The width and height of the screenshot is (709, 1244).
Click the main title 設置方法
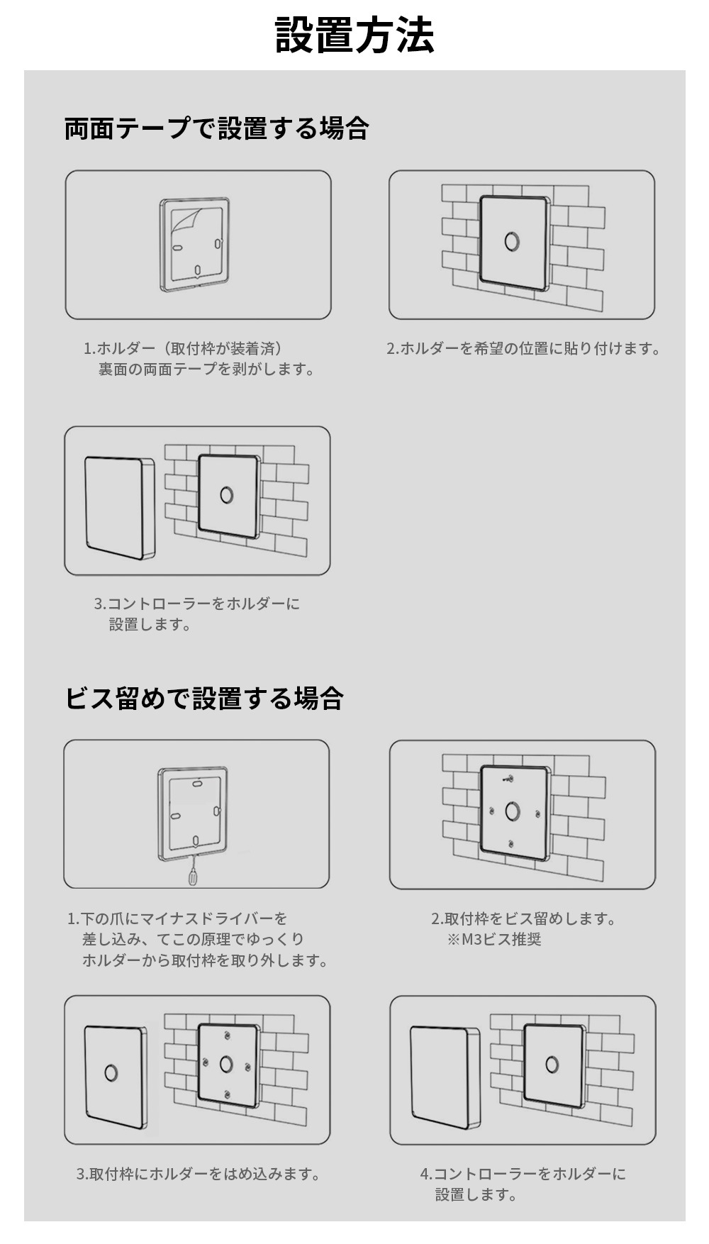coord(354,35)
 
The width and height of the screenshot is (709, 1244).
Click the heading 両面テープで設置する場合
coord(216,128)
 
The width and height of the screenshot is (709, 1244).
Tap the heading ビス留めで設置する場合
coord(204,698)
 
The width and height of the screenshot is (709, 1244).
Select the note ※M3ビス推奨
coord(494,940)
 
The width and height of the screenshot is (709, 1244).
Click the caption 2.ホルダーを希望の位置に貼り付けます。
coord(523,348)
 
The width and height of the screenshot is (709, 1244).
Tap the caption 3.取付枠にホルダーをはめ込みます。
coord(198,1174)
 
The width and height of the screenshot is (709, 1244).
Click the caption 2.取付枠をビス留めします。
coord(523,918)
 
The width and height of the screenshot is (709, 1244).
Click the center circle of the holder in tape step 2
coord(512,241)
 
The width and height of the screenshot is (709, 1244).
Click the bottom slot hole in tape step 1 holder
coord(197,270)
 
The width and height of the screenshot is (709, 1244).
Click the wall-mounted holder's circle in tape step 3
coord(226,494)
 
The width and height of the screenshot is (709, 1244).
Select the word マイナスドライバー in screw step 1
coord(206,918)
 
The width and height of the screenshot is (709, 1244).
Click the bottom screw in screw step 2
coord(511,843)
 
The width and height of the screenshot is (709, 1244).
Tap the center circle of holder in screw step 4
coord(552,1065)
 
